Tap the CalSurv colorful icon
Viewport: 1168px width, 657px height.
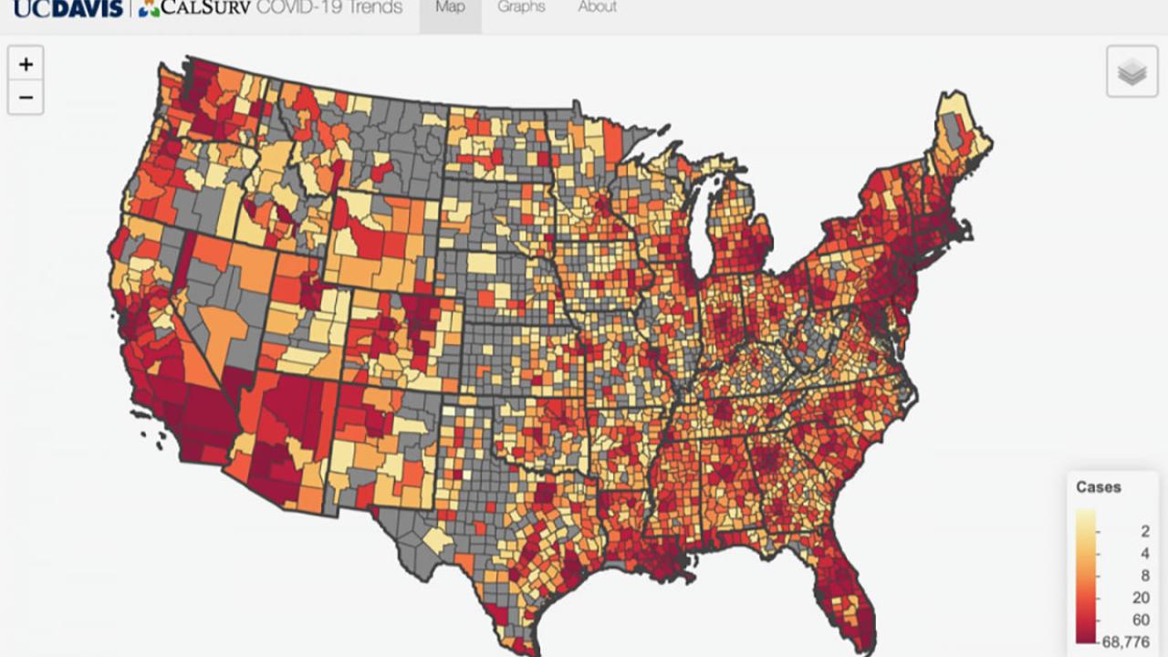[149, 8]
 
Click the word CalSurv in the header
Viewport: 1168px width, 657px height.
[205, 8]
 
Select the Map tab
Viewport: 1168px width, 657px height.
[450, 8]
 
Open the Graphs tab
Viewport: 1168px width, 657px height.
[521, 8]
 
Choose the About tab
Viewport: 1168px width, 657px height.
[597, 8]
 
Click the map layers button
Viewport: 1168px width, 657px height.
[1131, 71]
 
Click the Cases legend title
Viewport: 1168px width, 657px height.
[1098, 487]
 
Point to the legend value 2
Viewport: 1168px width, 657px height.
[1144, 531]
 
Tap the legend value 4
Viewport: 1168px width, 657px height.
[1144, 553]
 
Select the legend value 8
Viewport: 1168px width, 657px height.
[1144, 576]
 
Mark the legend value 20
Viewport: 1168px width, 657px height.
[1141, 598]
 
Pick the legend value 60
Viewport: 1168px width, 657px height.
[1141, 620]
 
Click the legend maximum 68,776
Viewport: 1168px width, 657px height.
[1128, 642]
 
